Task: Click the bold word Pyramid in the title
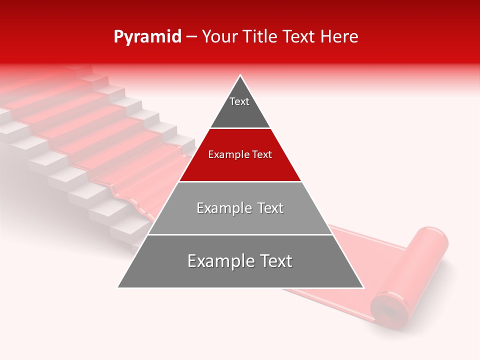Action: (x=147, y=37)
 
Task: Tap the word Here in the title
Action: (x=339, y=37)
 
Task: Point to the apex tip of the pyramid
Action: (x=240, y=76)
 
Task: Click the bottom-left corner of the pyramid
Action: (x=118, y=287)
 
